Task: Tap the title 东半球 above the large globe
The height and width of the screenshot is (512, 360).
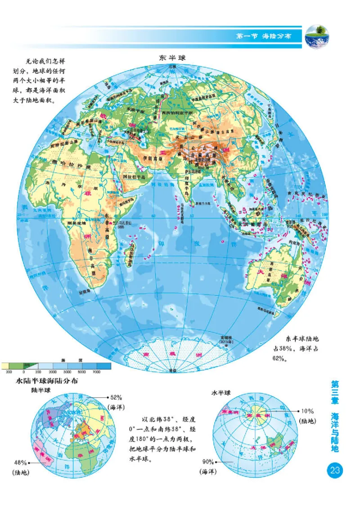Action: click(172, 58)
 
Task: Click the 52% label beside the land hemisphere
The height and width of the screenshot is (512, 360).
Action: click(116, 397)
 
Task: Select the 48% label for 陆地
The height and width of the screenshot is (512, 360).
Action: click(20, 462)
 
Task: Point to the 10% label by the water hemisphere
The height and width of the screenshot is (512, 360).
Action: click(307, 411)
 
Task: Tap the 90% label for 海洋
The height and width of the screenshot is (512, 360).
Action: click(207, 462)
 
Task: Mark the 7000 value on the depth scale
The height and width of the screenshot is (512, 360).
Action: click(96, 372)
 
